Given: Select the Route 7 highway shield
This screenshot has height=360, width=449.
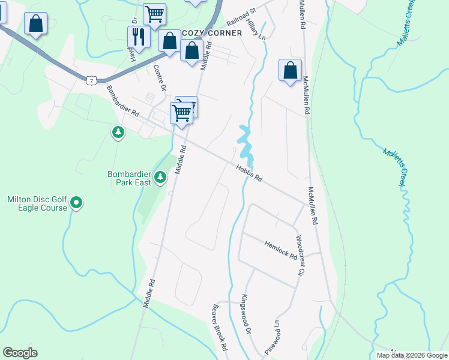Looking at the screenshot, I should point(91,79).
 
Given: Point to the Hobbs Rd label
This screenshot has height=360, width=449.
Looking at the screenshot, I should point(249,173).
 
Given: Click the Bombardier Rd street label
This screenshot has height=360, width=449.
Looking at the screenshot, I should point(122,100).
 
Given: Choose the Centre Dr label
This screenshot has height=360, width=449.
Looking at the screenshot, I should point(160,78).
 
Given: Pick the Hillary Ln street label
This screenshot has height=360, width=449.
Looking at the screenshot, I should point(256,28).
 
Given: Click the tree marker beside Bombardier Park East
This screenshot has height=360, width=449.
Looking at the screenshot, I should point(160,176).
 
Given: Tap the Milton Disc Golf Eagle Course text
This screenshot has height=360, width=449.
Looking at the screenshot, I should point(37,203).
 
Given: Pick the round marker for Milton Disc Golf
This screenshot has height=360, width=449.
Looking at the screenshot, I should point(76,203).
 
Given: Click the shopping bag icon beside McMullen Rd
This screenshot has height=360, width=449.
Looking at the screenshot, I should point(290,70).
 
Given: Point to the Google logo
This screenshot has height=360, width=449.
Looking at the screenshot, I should point(20,353).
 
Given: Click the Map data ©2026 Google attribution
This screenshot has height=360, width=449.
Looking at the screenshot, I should point(411,355).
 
